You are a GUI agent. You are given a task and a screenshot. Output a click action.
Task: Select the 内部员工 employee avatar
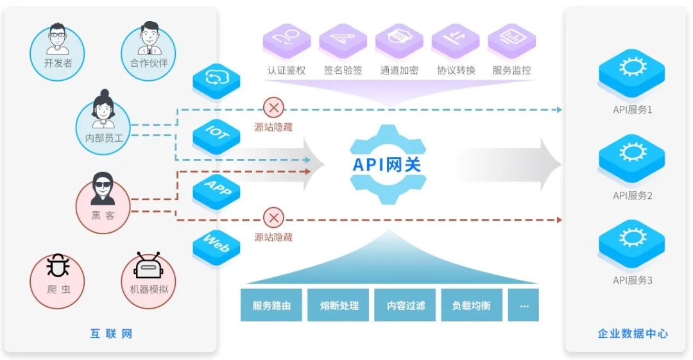(x=103, y=119)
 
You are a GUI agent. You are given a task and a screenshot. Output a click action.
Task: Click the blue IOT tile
(x=217, y=133)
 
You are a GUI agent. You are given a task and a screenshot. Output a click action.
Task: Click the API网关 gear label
(x=387, y=164)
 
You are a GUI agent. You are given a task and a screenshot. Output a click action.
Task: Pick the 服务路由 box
(x=271, y=305)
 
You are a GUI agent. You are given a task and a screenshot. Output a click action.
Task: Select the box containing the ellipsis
(x=524, y=305)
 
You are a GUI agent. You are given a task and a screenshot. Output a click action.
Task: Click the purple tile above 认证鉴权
(x=287, y=40)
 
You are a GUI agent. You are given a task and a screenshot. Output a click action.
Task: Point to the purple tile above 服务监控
(x=511, y=40)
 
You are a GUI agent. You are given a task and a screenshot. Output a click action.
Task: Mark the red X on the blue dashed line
(x=274, y=108)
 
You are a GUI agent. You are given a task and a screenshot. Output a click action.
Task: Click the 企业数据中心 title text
(x=633, y=334)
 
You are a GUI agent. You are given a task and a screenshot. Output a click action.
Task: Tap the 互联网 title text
(x=111, y=334)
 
